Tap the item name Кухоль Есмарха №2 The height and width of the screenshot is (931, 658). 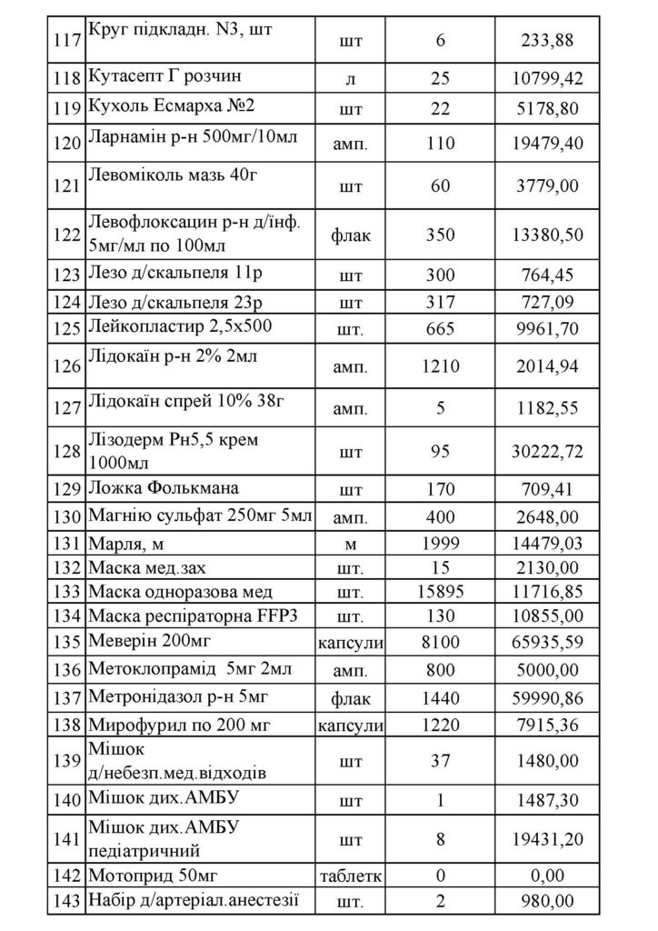tap(171, 105)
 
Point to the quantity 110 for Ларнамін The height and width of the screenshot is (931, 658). tap(440, 142)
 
